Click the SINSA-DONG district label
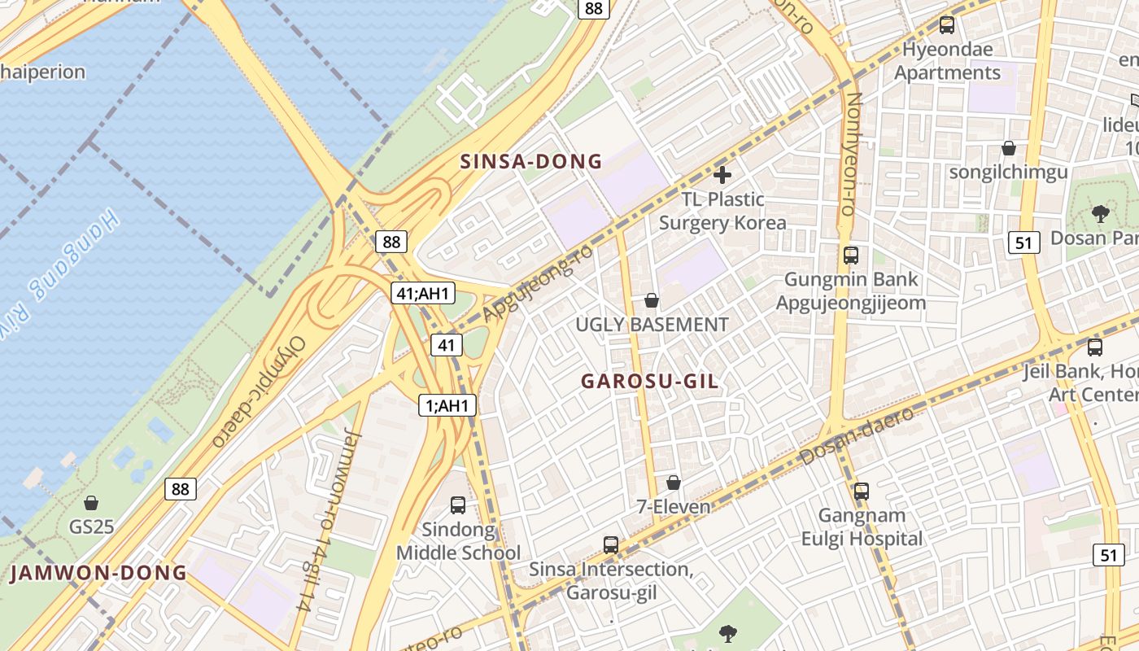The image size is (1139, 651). (531, 161)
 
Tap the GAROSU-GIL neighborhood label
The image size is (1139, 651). (650, 381)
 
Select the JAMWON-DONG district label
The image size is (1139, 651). (98, 573)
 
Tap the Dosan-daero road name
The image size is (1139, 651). (857, 437)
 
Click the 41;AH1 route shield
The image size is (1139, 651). (423, 294)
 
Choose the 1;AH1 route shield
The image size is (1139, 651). (447, 405)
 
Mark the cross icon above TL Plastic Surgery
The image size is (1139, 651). (722, 174)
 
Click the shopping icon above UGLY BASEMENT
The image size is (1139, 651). (651, 300)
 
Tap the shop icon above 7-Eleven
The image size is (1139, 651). (673, 483)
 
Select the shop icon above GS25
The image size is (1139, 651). (91, 503)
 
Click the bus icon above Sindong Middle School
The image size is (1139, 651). (458, 505)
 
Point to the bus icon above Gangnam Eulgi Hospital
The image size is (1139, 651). (862, 492)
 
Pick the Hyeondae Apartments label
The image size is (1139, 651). (947, 61)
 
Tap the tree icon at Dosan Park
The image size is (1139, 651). (1100, 214)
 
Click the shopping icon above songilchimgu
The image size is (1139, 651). (1009, 148)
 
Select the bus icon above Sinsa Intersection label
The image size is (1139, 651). (611, 544)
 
